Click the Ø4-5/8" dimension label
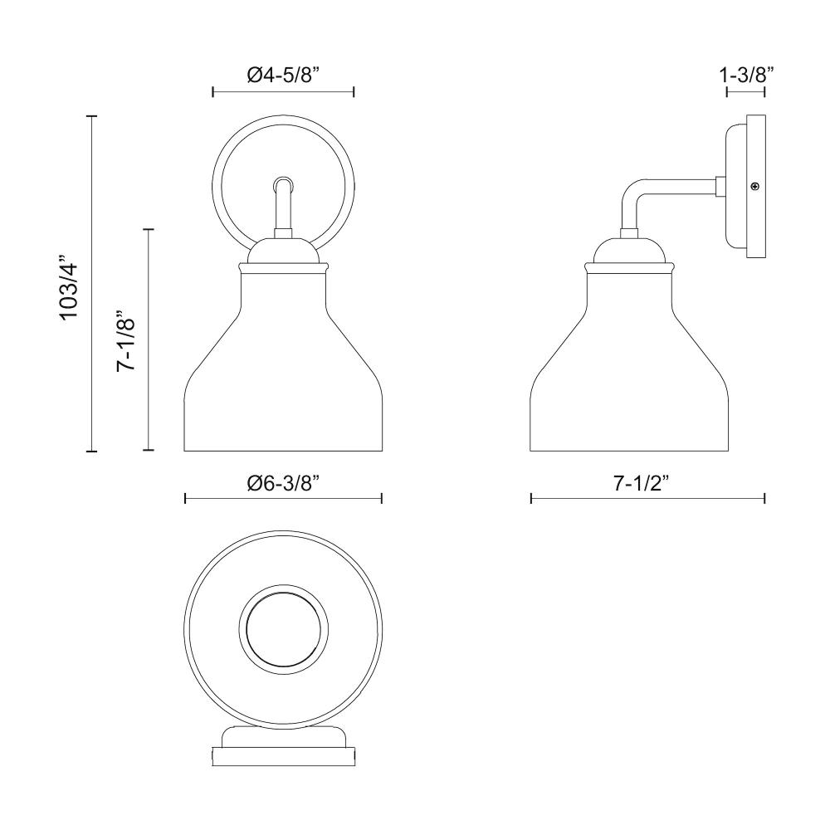283,76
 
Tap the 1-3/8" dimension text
746,76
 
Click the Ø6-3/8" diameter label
284,483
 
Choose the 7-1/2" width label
641,483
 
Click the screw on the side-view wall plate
755,186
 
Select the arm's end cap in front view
283,185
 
